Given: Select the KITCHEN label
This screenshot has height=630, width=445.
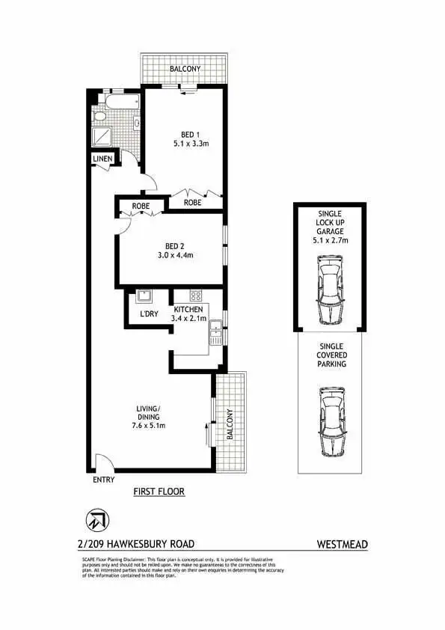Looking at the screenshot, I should [189, 309].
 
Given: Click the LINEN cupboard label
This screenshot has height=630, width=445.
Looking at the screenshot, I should [102, 159].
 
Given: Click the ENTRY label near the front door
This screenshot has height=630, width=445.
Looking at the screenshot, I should [102, 480].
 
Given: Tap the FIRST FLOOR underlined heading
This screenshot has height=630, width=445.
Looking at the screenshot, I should [159, 492].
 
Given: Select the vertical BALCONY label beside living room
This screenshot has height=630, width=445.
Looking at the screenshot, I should [230, 424].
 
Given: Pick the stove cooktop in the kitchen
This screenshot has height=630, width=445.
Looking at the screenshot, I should [196, 296].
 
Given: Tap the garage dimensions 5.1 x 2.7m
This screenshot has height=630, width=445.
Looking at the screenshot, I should [330, 240].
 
